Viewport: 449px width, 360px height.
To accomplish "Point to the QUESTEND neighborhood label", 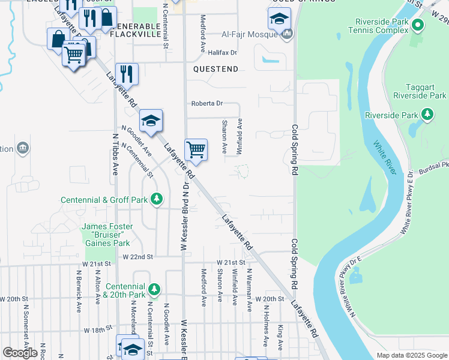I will coord(215,69).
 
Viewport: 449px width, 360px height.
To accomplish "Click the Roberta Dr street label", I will coord(206,103).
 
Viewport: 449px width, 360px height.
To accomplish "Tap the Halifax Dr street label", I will coord(221,53).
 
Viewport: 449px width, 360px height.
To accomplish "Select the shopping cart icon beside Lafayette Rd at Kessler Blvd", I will coord(196,150).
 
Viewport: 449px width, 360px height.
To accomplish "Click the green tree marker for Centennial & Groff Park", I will coord(157,199).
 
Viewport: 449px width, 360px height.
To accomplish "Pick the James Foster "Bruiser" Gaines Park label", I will coord(106,234).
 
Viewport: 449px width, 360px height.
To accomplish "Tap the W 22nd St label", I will coord(138,256).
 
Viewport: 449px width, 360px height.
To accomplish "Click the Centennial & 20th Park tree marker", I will coord(155,290).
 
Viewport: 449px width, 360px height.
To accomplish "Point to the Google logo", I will coord(20,353).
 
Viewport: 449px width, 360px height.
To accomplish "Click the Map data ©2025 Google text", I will coord(411,355).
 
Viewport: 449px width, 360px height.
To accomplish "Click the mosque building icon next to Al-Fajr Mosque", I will coord(288,34).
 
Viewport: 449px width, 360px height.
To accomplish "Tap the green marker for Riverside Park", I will coord(427,114).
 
